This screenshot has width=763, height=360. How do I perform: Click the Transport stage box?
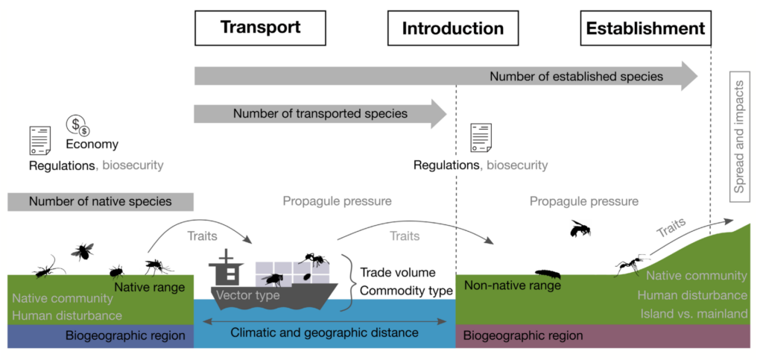tap(260, 28)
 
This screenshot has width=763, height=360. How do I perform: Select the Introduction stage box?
tap(453, 29)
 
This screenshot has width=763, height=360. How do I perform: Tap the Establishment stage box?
tap(645, 29)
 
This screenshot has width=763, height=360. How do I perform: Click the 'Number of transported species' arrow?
tap(320, 114)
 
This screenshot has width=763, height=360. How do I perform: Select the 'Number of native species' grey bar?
tap(101, 201)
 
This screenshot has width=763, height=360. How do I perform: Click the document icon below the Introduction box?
tap(481, 139)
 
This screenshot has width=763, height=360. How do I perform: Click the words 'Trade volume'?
tap(397, 273)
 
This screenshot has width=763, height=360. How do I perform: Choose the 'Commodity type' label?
tap(406, 291)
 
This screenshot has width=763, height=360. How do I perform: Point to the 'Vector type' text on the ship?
tap(247, 295)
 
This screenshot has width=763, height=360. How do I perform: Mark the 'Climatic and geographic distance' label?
tap(324, 332)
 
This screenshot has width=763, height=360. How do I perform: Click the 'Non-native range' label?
tap(512, 285)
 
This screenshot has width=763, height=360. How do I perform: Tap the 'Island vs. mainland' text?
tap(694, 314)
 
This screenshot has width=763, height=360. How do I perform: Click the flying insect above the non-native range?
tap(580, 228)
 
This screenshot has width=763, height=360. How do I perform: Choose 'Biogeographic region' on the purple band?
tap(523, 335)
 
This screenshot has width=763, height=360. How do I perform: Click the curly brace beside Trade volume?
tap(347, 280)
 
